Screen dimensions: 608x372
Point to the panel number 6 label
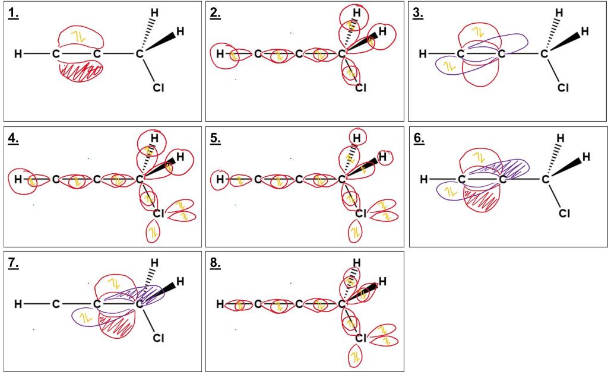tap(419, 138)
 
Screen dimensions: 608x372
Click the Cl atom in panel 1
tap(158, 88)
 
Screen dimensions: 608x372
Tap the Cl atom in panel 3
tap(563, 88)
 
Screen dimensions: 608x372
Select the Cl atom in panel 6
tap(564, 213)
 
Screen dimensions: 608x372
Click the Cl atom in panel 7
tap(158, 338)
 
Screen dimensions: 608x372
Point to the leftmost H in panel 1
tap(18, 54)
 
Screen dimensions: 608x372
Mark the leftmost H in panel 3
tap(423, 54)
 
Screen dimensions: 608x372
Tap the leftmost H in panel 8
tap(220, 304)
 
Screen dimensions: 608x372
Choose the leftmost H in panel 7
tap(18, 304)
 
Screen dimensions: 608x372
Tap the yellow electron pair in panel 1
tap(81, 37)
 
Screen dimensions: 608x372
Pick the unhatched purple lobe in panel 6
tap(450, 191)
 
